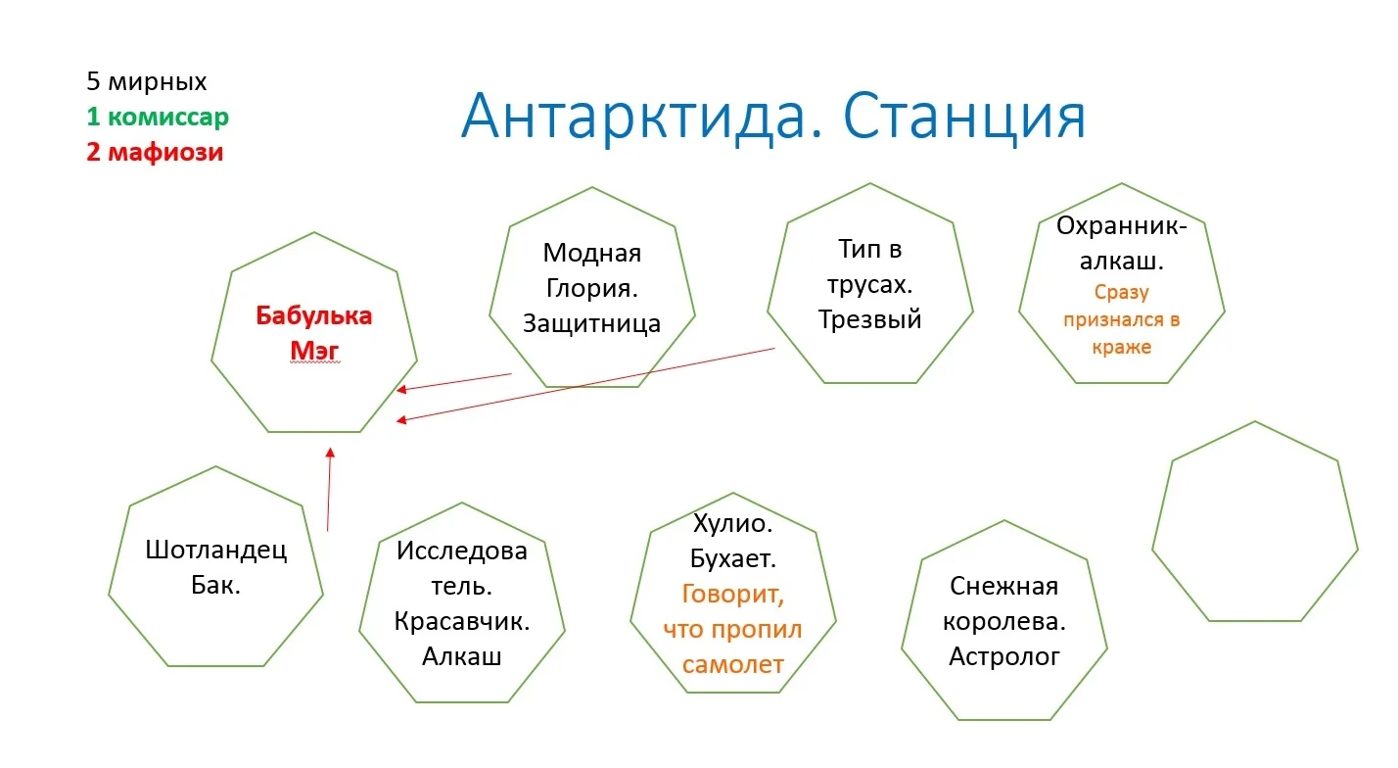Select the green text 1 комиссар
[157, 118]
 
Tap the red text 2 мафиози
[155, 153]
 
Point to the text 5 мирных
[147, 81]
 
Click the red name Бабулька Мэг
[314, 333]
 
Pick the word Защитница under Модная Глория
[591, 324]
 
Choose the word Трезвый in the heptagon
[870, 319]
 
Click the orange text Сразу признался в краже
[1121, 319]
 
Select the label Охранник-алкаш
[1121, 244]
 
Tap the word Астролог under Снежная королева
[1003, 656]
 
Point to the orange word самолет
[733, 664]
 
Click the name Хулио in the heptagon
[732, 524]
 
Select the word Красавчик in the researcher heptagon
[461, 621]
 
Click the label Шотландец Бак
[216, 568]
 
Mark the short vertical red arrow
[329, 490]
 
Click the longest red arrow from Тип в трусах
[587, 384]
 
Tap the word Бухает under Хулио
[732, 559]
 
